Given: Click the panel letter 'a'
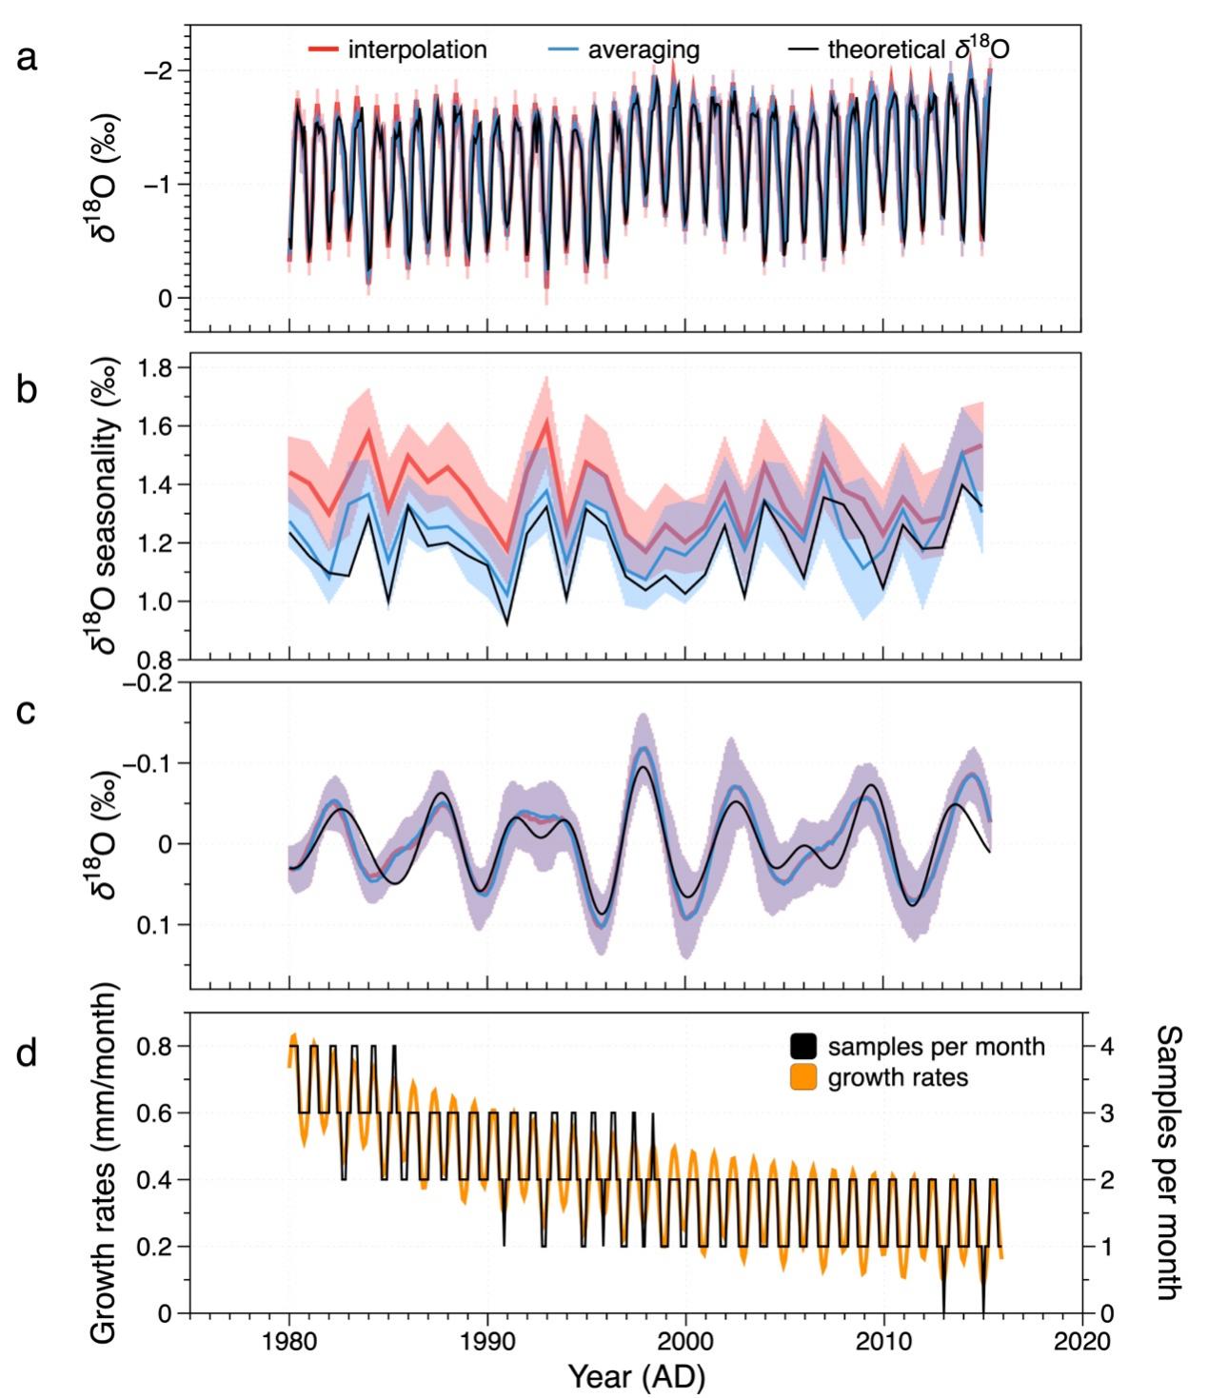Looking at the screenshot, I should [28, 59].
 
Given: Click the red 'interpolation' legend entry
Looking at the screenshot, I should [397, 49].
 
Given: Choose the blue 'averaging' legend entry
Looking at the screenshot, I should [624, 49].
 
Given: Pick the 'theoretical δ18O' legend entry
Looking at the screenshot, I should [900, 49].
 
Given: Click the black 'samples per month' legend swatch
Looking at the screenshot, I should [803, 1047].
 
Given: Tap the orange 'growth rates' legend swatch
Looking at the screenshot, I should [803, 1078].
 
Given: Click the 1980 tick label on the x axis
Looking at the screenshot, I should [289, 1341].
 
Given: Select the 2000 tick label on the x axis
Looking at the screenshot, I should [685, 1341].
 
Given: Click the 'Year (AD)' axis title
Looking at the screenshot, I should [637, 1377].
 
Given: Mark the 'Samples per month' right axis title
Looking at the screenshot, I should [1168, 1162].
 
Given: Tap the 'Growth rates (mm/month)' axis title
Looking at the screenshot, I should [104, 1163].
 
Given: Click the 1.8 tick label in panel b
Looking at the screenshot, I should [159, 367].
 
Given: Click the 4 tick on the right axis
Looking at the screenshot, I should [1104, 1046].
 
